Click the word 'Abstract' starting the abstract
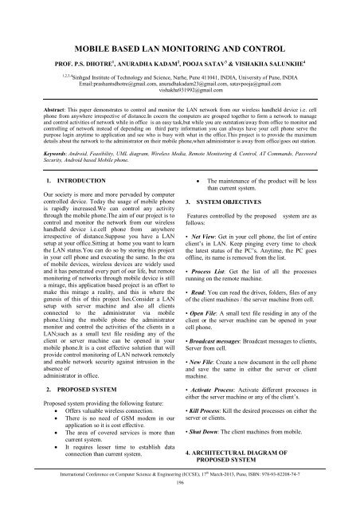click(x=37, y=104)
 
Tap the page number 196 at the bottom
click(x=179, y=504)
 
